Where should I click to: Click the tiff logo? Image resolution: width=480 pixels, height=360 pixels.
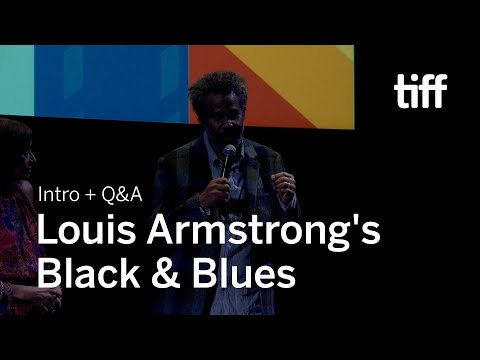click(x=420, y=90)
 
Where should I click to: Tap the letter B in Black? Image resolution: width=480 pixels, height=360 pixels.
click(x=49, y=273)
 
